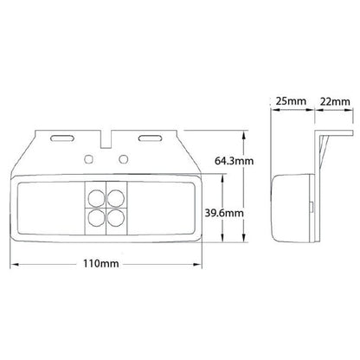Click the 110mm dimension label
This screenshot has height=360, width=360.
[x=101, y=263]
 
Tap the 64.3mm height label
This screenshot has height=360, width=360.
[x=234, y=161]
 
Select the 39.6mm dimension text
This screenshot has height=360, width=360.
[x=224, y=213]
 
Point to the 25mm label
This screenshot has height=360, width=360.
[x=291, y=101]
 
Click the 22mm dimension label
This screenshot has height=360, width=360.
[x=335, y=101]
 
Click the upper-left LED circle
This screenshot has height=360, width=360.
[x=96, y=197]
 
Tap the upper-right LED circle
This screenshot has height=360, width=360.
[x=116, y=197]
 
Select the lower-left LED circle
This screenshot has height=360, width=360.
[x=96, y=217]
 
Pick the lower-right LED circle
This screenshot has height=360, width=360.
[x=116, y=217]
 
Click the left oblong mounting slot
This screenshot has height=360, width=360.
[x=62, y=138]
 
